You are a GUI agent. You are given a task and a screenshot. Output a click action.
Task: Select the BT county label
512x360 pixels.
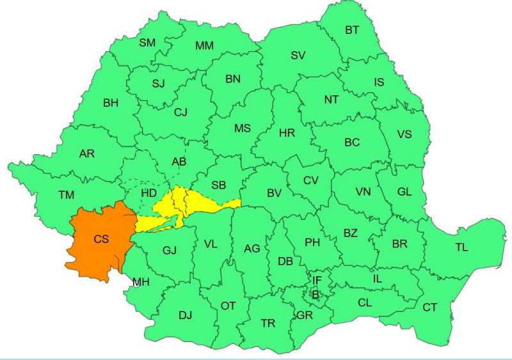[x=352, y=29]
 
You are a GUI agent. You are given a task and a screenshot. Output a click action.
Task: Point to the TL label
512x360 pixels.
[x=461, y=247]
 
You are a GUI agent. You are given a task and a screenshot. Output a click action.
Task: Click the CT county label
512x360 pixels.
[x=429, y=308]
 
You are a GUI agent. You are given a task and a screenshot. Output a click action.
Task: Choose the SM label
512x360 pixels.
[x=147, y=43]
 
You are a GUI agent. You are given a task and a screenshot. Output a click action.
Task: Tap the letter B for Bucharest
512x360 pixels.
[x=315, y=294]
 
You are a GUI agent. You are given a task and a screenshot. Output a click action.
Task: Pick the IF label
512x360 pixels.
[x=317, y=280]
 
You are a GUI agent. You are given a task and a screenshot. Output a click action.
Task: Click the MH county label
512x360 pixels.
[x=141, y=281]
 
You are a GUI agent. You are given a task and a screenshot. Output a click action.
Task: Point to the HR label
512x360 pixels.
[x=287, y=133]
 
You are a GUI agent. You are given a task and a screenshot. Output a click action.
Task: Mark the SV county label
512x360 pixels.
[x=298, y=55]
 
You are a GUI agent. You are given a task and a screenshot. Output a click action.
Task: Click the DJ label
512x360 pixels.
[x=185, y=315]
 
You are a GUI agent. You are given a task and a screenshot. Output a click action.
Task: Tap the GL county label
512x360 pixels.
[x=404, y=192]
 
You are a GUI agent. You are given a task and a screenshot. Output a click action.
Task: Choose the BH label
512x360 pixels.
[x=111, y=102]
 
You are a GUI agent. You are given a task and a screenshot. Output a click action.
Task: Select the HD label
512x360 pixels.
[x=148, y=192]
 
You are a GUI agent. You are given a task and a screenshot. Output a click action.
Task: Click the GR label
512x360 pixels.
[x=305, y=316]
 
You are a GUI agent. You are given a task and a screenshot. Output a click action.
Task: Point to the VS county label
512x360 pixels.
[x=404, y=134]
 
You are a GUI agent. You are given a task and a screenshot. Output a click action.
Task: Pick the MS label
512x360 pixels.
[x=242, y=128]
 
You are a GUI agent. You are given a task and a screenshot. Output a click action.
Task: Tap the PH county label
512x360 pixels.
[x=312, y=242]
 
